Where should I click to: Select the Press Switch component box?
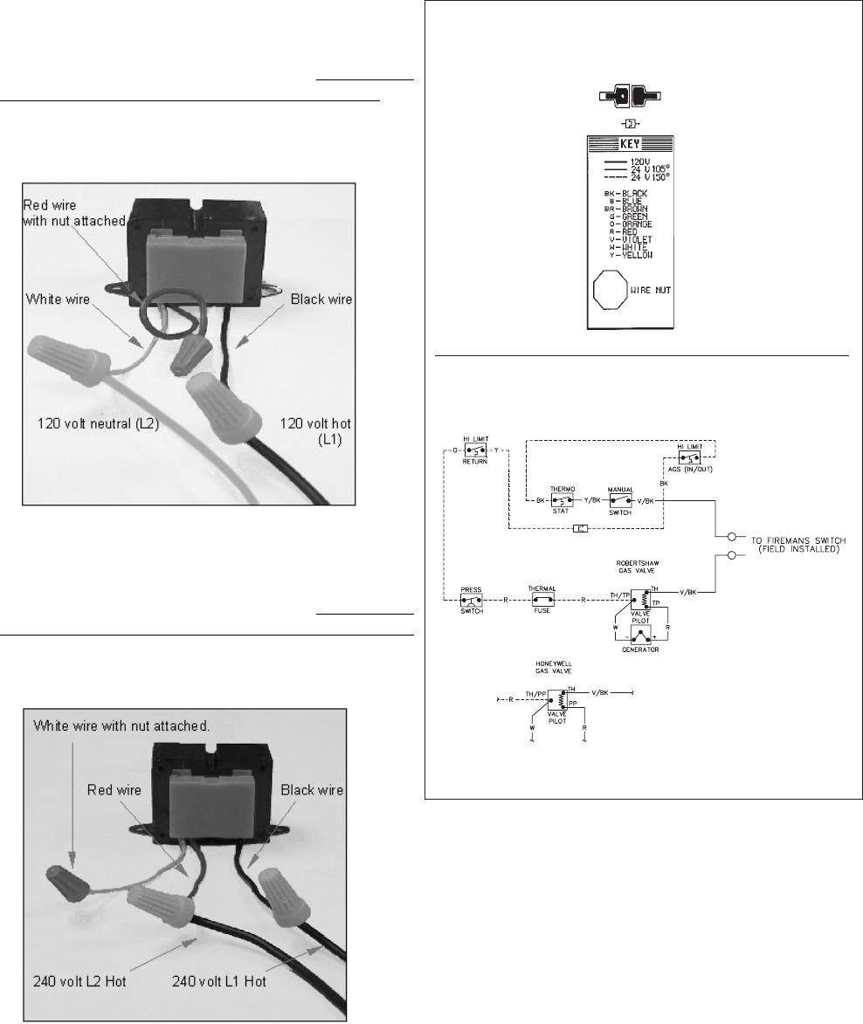472,600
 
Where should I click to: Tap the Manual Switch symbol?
620,500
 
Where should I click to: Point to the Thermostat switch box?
561,500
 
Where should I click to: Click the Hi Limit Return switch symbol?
476,450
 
